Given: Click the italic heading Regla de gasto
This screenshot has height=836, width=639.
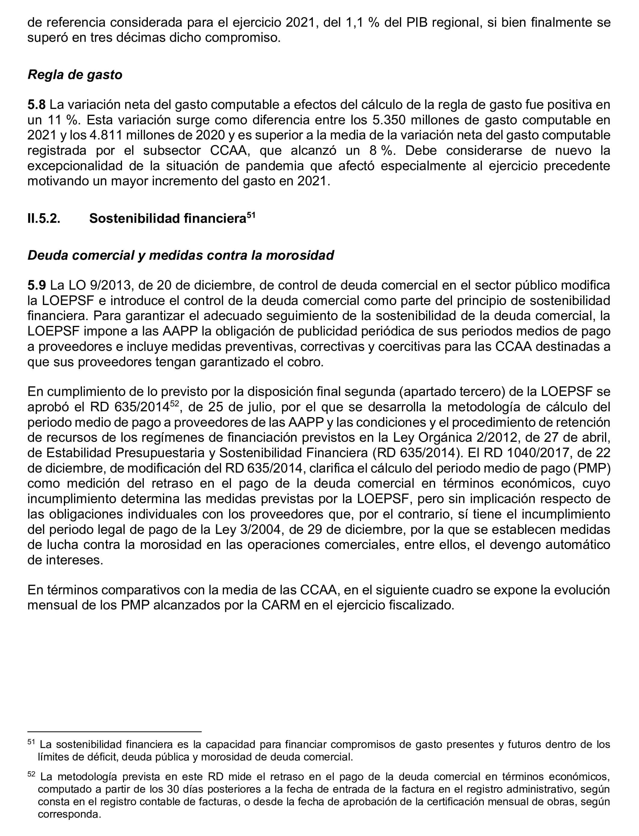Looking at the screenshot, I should click(x=75, y=75).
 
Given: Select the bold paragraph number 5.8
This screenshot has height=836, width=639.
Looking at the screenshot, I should click(x=36, y=104).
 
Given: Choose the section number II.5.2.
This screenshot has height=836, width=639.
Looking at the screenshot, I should click(x=44, y=218).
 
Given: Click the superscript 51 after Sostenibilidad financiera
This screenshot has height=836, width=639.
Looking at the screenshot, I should click(x=251, y=215).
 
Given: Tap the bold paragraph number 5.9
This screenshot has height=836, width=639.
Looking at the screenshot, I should click(x=36, y=285).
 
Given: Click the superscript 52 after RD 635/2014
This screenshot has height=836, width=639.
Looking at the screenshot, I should click(x=174, y=404).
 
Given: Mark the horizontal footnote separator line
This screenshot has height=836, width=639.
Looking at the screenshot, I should click(x=114, y=731).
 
